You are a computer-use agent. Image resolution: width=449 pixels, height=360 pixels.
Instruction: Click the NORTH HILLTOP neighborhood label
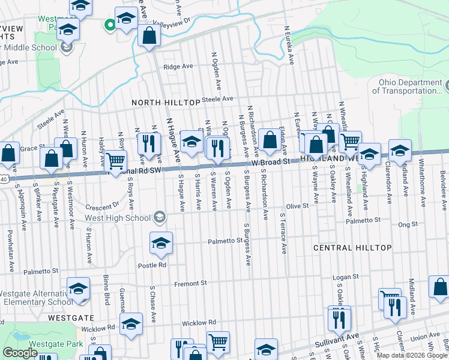[x=166, y=103]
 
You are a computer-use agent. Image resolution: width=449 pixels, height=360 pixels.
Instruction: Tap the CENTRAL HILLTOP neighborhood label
[x=352, y=247]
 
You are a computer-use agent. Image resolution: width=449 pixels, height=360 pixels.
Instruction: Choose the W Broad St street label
[x=271, y=162]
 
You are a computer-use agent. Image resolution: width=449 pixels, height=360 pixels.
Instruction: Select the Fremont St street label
[x=190, y=283]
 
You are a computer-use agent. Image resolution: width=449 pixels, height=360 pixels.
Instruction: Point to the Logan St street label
[x=346, y=277]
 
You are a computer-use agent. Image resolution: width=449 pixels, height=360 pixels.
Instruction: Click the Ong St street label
[x=407, y=224]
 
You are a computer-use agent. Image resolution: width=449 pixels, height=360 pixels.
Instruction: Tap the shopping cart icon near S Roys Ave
[x=115, y=160]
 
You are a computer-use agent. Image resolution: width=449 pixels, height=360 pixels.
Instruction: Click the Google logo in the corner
[x=20, y=353]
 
